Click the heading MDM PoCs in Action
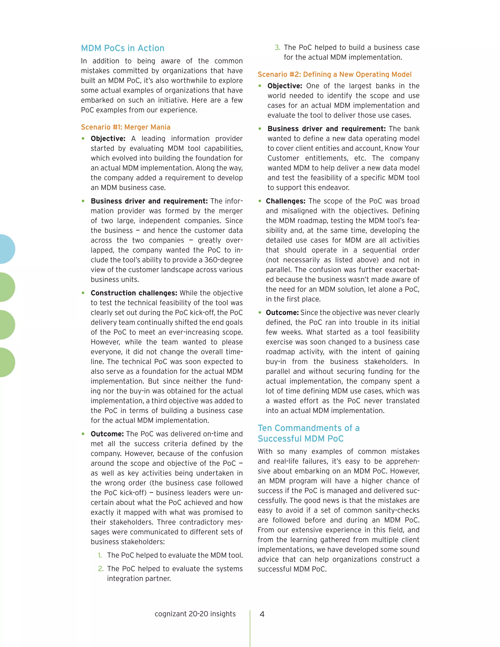click(123, 48)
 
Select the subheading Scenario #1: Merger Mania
click(125, 127)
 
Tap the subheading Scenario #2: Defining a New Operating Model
click(334, 74)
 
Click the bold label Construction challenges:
click(134, 293)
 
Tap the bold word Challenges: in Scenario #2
click(285, 201)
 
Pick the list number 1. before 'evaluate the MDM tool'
click(100, 555)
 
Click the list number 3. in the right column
click(277, 47)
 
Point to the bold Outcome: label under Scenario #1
click(107, 434)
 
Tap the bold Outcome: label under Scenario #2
click(282, 313)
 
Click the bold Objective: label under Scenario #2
click(285, 86)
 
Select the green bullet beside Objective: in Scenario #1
click(83, 138)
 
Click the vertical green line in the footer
click(250, 628)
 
